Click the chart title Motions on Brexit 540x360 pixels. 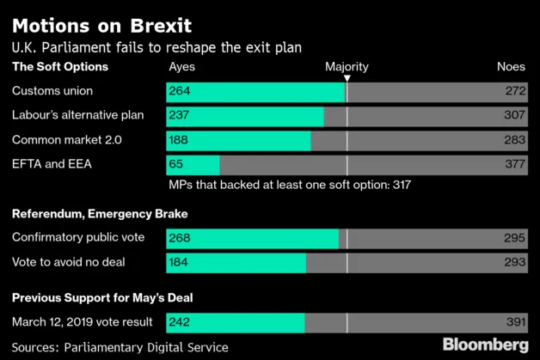(x=101, y=25)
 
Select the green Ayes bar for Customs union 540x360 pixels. (x=255, y=91)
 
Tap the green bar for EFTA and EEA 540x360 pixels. (x=193, y=164)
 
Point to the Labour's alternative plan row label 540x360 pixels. (x=77, y=115)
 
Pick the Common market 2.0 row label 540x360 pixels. (x=67, y=140)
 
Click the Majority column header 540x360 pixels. (x=347, y=67)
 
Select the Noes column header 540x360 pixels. (x=511, y=67)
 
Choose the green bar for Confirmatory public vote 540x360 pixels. (x=252, y=238)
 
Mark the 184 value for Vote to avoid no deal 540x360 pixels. (x=180, y=262)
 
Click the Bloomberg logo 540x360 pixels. (x=486, y=345)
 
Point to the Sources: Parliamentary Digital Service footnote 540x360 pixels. (x=120, y=347)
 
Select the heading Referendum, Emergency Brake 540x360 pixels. (x=100, y=214)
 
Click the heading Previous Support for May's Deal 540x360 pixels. (x=101, y=298)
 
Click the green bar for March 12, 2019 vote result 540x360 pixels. (x=235, y=322)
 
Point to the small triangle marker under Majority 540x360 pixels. (x=347, y=78)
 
